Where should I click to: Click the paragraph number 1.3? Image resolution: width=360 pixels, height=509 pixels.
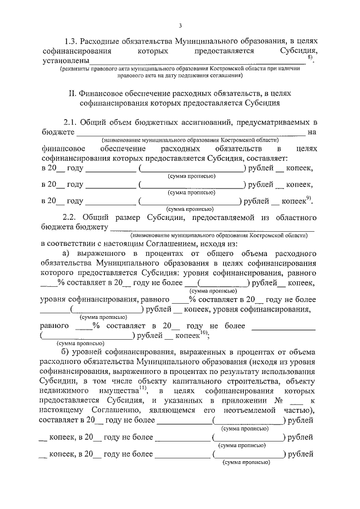[71, 42]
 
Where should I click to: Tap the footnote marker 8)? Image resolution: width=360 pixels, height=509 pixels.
[310, 58]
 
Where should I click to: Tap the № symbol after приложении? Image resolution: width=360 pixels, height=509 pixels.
[276, 399]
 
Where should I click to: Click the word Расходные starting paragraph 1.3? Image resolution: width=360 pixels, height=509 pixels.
[98, 42]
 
